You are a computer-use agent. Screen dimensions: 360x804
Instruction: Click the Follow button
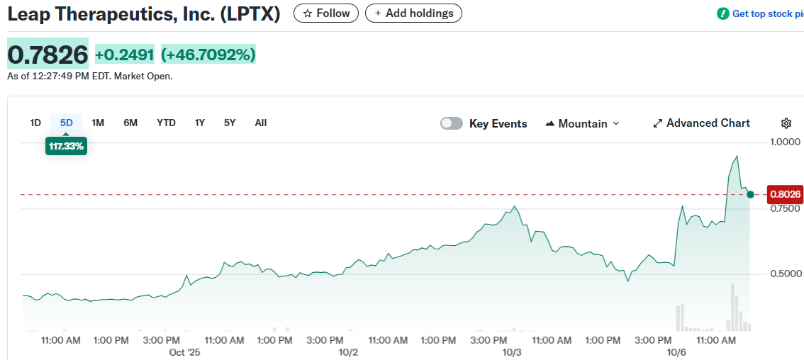pyautogui.click(x=326, y=13)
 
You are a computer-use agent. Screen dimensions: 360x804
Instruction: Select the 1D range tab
pyautogui.click(x=35, y=123)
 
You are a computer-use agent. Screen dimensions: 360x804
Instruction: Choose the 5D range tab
pyautogui.click(x=66, y=123)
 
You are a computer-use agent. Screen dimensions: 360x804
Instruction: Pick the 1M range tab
pyautogui.click(x=98, y=123)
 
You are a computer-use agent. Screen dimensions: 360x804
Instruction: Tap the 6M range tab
pyautogui.click(x=130, y=123)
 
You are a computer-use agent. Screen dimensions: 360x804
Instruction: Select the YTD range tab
pyautogui.click(x=166, y=123)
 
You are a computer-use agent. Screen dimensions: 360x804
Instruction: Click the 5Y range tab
pyautogui.click(x=230, y=123)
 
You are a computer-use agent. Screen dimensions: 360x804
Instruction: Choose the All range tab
pyautogui.click(x=261, y=123)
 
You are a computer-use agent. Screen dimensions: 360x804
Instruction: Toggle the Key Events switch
pyautogui.click(x=452, y=123)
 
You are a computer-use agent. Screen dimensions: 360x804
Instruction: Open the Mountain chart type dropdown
pyautogui.click(x=582, y=123)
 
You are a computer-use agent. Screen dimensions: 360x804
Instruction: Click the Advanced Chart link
pyautogui.click(x=701, y=123)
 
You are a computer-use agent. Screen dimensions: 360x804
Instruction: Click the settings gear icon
pyautogui.click(x=786, y=123)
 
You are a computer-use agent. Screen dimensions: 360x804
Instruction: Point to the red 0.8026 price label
pyautogui.click(x=785, y=194)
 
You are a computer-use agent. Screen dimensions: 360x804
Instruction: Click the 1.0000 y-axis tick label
pyautogui.click(x=786, y=142)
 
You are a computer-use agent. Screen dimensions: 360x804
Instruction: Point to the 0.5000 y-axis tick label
pyautogui.click(x=786, y=274)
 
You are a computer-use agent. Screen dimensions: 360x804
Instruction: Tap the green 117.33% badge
pyautogui.click(x=66, y=146)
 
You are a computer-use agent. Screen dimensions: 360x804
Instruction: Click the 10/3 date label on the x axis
pyautogui.click(x=512, y=352)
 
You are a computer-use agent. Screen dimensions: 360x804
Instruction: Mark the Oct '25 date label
pyautogui.click(x=185, y=352)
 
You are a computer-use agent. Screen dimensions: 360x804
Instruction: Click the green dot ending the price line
pyautogui.click(x=750, y=193)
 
